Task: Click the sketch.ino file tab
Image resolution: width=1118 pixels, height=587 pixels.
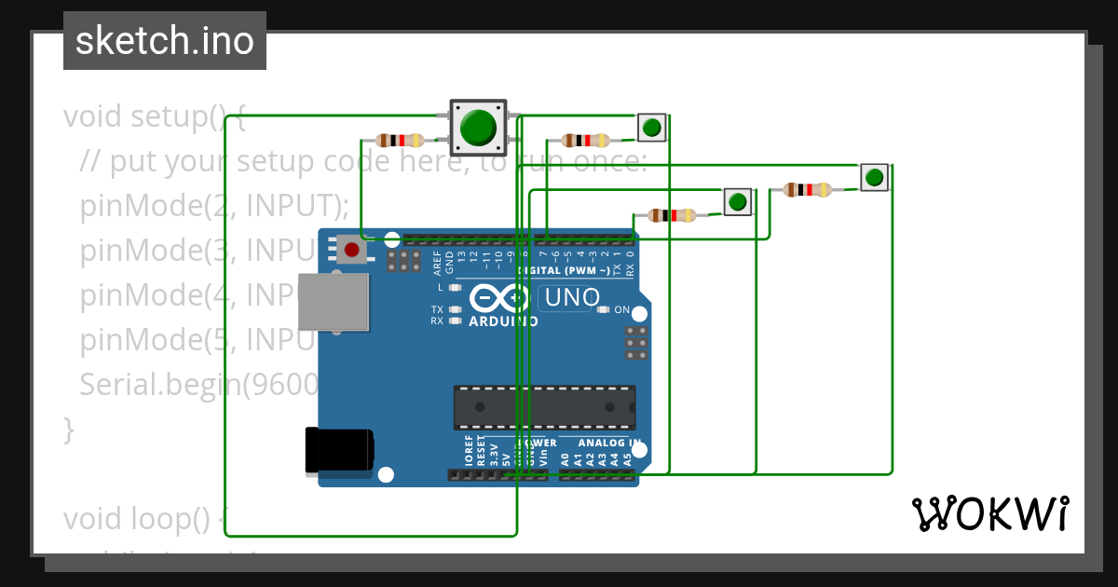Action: (x=165, y=41)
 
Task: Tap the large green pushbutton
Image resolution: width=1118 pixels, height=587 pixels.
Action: (x=478, y=128)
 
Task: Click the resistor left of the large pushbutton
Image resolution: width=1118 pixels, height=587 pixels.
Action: (x=400, y=141)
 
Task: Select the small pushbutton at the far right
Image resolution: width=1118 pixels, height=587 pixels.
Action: (x=874, y=177)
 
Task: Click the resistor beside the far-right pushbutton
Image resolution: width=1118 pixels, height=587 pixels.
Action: (x=807, y=190)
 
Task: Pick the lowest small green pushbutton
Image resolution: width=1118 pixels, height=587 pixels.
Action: (x=737, y=201)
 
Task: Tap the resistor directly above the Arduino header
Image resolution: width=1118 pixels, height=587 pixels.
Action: (x=672, y=216)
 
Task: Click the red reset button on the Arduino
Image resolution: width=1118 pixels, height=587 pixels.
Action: (x=351, y=250)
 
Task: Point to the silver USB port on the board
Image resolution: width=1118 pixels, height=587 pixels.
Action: (x=333, y=302)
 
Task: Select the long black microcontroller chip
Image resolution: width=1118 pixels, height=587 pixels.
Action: (x=544, y=407)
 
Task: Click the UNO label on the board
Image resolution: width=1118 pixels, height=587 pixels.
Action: (x=571, y=298)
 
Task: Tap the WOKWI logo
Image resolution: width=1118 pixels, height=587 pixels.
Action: (x=989, y=513)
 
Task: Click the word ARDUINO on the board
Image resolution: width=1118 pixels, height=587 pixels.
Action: (x=503, y=321)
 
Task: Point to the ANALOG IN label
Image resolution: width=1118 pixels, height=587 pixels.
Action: (x=609, y=444)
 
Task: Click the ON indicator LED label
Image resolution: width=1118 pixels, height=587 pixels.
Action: (x=622, y=310)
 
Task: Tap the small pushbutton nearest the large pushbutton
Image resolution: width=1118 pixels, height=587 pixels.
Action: (x=652, y=127)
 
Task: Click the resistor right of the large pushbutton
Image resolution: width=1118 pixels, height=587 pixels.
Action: (x=585, y=141)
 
